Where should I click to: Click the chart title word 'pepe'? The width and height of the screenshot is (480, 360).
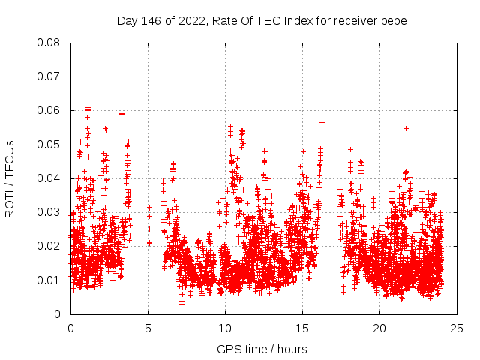click(395, 21)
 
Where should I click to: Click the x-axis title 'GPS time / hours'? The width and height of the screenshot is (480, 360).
click(262, 349)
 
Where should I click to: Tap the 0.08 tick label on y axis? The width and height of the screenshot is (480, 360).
click(51, 43)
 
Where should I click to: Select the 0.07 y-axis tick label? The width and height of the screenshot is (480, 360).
click(51, 76)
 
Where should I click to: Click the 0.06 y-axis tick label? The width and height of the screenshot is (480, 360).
click(51, 110)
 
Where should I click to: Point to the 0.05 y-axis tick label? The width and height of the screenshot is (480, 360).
click(51, 144)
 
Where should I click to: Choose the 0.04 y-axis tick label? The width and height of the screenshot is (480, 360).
click(51, 178)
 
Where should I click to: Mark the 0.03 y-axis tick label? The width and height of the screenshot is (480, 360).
click(51, 212)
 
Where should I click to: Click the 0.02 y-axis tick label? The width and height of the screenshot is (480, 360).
click(51, 246)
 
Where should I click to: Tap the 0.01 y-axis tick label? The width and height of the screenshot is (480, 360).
click(51, 280)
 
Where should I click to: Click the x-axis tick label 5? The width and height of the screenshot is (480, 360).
click(148, 328)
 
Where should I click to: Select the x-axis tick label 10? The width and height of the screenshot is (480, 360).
click(225, 328)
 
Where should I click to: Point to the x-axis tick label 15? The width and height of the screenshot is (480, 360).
click(302, 328)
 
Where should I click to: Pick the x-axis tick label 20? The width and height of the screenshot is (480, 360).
click(379, 328)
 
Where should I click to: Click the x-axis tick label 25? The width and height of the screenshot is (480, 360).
click(457, 328)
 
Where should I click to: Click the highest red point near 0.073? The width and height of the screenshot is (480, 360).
click(322, 67)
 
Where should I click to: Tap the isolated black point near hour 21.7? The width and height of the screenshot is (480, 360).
click(406, 128)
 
